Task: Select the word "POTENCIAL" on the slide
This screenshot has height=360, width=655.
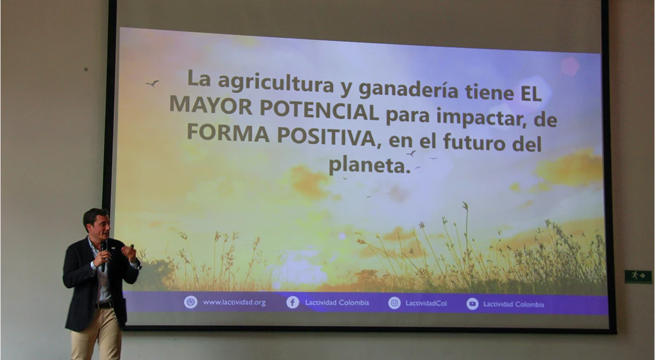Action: pos(319,109)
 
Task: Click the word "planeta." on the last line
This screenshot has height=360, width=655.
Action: pos(368,164)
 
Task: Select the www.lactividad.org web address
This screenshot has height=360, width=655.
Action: pos(234,302)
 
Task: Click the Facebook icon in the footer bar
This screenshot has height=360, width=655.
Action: pos(292,302)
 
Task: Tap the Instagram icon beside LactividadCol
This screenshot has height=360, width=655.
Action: pos(395,303)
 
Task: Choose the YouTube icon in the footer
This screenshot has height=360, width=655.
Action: pos(472,304)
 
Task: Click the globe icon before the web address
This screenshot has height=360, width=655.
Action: pos(190,302)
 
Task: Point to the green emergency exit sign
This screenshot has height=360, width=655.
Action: pos(637,276)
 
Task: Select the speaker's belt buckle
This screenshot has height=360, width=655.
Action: pos(101,305)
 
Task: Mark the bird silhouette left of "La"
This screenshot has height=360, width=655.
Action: pos(152,83)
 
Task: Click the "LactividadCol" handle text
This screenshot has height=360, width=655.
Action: pos(426,303)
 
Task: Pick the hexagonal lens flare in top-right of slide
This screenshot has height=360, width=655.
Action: pos(570,66)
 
